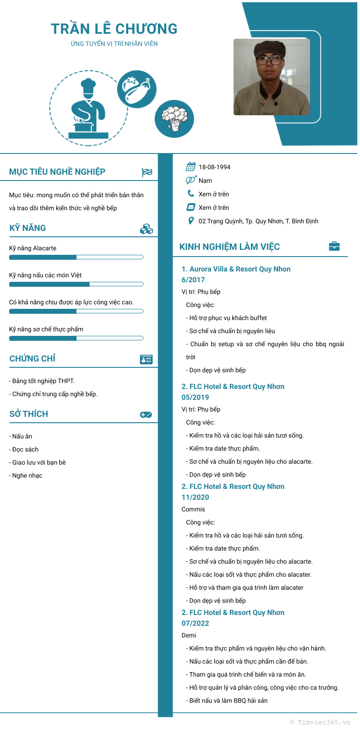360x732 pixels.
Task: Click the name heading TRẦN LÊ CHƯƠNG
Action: pos(114,29)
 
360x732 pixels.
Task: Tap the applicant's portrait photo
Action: pos(272,77)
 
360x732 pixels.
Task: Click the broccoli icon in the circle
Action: pos(174,119)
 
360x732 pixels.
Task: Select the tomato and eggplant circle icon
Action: pos(137,89)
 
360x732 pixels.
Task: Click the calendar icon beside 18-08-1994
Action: pos(191,167)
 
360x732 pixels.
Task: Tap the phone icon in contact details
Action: pos(191,194)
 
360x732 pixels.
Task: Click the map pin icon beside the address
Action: pos(191,221)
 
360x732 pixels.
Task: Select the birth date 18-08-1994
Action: pos(215,167)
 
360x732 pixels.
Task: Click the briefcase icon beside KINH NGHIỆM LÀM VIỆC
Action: pos(334,246)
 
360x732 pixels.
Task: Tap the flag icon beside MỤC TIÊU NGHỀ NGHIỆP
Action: pos(147,172)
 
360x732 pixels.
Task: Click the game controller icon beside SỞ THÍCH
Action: pos(146,415)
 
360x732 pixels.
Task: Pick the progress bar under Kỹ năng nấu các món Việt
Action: pos(76,284)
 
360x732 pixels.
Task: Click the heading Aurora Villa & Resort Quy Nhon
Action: pos(236,269)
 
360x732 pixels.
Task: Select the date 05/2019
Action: pos(195,397)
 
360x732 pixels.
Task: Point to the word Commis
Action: pos(193,509)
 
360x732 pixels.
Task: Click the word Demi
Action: pos(189,635)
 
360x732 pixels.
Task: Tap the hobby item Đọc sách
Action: pos(25,449)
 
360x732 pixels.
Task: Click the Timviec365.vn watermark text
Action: pos(320,722)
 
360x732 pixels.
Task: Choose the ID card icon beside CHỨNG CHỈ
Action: pos(146,359)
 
